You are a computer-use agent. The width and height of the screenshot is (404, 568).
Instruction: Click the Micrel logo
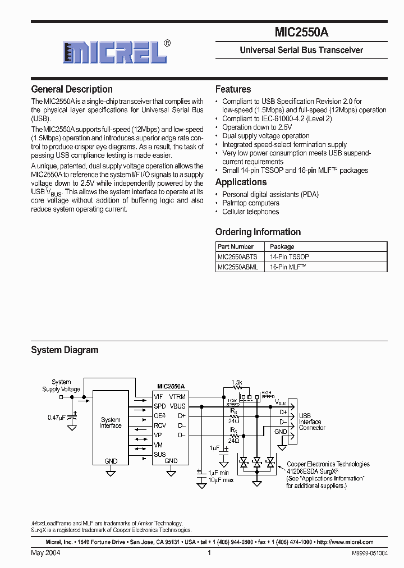point(115,52)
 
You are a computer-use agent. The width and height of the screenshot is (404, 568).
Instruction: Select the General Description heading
point(72,89)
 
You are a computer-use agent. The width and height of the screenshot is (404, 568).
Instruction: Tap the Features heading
point(233,89)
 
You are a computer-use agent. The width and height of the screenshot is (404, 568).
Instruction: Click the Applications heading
point(241,182)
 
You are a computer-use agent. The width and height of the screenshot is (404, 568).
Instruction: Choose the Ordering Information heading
point(258,232)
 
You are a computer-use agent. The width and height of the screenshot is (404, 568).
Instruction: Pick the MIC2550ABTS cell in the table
point(237,256)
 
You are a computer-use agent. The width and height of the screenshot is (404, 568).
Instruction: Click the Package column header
point(282,246)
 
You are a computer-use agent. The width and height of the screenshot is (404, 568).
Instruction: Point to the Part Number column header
point(236,246)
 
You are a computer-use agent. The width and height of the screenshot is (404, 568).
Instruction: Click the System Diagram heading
point(65,350)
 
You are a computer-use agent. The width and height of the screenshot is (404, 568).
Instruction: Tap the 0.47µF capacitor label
point(57,418)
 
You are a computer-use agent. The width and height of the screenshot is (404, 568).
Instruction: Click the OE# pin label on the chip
point(160,415)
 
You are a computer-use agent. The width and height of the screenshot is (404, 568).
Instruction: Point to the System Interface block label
point(111,423)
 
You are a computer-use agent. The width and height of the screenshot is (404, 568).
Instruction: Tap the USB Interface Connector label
point(311,422)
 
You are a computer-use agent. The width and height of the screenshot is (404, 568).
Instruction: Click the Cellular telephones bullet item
point(250,212)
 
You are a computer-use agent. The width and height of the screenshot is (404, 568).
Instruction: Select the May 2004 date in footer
point(45,553)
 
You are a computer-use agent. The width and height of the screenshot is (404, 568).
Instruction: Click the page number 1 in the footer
point(209,553)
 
